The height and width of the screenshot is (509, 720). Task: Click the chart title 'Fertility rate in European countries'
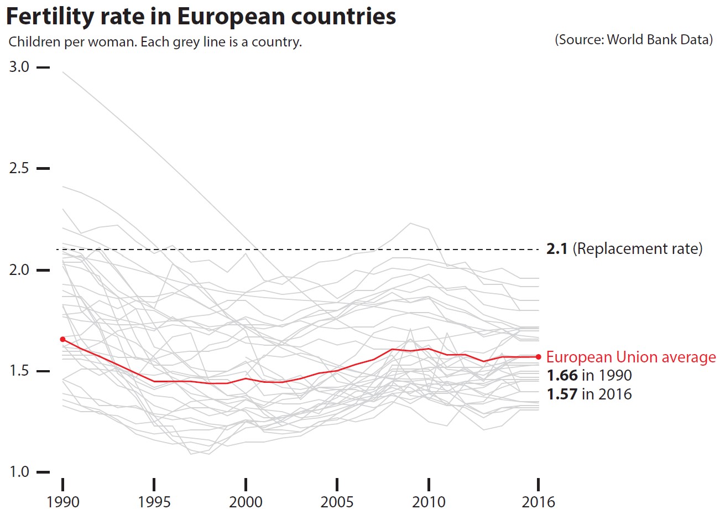(x=200, y=17)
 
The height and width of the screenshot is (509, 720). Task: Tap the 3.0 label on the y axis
(x=19, y=67)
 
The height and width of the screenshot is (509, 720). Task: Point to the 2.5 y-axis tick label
(x=19, y=168)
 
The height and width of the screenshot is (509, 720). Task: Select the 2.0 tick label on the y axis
(x=19, y=270)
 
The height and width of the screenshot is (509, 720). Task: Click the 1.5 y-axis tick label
(x=19, y=371)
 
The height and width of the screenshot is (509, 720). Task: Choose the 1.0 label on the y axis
(x=19, y=472)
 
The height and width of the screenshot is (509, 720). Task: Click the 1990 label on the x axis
(x=62, y=501)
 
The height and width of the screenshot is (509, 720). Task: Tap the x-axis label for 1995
(x=154, y=501)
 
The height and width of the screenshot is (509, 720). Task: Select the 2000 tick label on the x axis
(x=246, y=501)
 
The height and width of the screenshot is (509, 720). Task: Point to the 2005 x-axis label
(x=337, y=501)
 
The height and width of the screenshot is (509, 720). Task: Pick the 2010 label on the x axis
(x=429, y=501)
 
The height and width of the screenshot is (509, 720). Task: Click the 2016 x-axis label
(x=538, y=501)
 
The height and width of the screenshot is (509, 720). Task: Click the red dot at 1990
(x=62, y=339)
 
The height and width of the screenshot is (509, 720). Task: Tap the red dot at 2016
(x=538, y=357)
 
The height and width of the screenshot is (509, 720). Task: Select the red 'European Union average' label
(x=631, y=357)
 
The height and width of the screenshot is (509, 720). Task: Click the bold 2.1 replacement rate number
(x=557, y=250)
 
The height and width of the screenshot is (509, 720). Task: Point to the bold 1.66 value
(x=562, y=376)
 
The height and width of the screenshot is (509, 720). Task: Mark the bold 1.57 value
(x=562, y=394)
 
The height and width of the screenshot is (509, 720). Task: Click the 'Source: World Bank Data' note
(x=634, y=40)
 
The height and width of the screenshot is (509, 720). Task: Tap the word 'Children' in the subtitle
(x=33, y=42)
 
